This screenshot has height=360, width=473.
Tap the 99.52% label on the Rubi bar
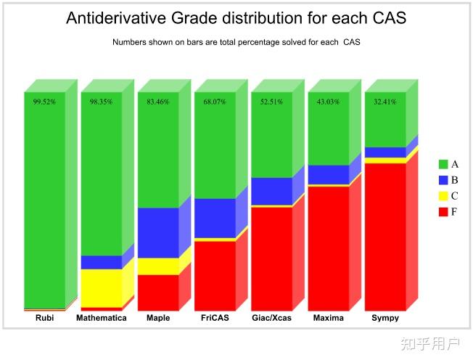(44, 102)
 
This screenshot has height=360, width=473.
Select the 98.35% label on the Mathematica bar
(101, 102)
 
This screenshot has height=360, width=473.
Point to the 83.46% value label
(157, 102)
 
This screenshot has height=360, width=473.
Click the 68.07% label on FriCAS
(215, 102)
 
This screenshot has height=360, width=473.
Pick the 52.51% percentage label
(271, 102)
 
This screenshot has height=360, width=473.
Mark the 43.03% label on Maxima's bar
(328, 102)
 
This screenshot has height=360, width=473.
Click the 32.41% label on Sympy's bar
(384, 102)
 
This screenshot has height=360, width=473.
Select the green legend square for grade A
(443, 164)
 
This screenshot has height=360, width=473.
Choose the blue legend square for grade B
(443, 179)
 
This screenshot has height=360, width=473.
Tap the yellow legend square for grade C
(443, 195)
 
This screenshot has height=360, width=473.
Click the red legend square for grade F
(443, 211)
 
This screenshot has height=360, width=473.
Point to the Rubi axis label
(44, 318)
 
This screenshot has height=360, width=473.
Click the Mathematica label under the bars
(101, 318)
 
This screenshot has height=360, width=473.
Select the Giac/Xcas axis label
(271, 318)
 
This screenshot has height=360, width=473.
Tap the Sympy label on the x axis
(384, 318)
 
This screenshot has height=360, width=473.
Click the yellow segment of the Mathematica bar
(101, 288)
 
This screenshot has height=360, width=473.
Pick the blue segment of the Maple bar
(157, 232)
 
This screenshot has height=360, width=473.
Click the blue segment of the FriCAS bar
(215, 218)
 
